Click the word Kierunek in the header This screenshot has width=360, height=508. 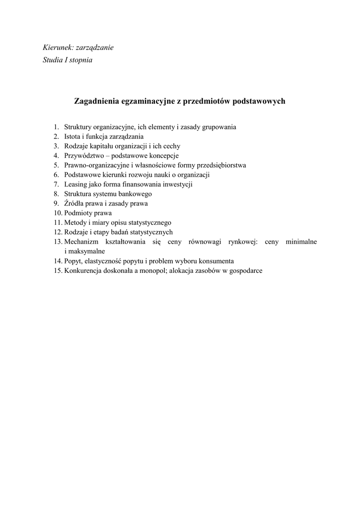pos(59,48)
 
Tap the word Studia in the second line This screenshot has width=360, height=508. pos(53,61)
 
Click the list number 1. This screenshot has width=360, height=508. pos(56,127)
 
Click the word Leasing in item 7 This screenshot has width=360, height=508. pos(76,184)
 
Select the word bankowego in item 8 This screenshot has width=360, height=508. pos(135,194)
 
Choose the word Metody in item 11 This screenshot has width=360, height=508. pos(75,223)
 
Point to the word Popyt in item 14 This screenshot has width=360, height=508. pos(73,261)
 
